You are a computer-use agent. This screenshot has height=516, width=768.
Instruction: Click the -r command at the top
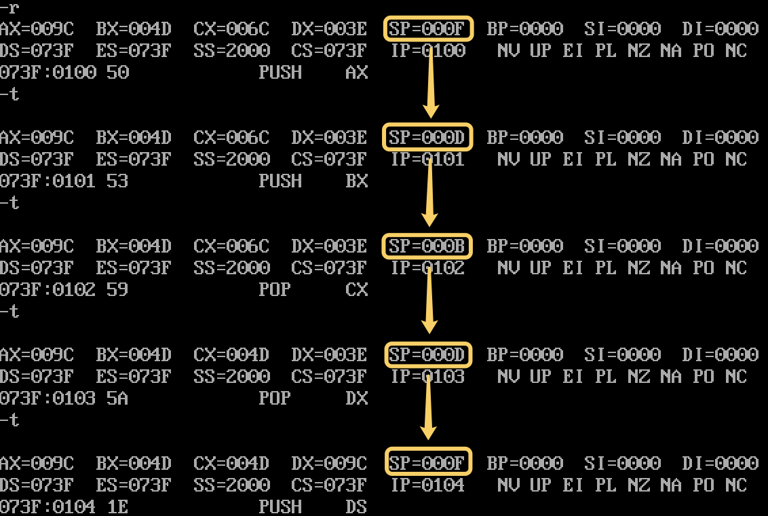click(9, 7)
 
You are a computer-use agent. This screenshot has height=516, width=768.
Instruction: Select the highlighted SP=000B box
click(427, 246)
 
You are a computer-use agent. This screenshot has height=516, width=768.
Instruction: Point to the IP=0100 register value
click(427, 50)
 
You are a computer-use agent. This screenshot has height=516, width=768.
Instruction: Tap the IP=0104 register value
click(427, 485)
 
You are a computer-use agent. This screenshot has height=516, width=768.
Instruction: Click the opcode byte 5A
click(117, 398)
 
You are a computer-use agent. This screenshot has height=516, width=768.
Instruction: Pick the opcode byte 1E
click(117, 506)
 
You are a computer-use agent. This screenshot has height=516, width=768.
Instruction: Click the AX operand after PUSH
click(356, 73)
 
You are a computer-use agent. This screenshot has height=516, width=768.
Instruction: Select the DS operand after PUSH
click(356, 506)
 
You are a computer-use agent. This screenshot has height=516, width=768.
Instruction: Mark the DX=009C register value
click(329, 463)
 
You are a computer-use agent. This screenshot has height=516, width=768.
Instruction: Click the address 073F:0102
click(47, 290)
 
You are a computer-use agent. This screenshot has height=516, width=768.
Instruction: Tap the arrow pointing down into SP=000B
click(429, 193)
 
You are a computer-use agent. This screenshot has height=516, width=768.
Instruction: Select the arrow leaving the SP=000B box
click(429, 300)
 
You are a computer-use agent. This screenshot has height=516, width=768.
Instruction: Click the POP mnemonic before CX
click(275, 290)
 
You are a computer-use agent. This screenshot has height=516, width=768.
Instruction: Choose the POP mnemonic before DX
click(275, 398)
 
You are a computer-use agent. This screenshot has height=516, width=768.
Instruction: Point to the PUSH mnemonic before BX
click(280, 181)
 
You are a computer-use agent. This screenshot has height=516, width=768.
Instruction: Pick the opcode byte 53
click(117, 181)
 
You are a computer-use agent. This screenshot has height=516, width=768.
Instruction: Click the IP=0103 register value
click(427, 376)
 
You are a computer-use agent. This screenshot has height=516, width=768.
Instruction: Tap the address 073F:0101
click(47, 181)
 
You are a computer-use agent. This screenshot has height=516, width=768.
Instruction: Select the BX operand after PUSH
click(356, 181)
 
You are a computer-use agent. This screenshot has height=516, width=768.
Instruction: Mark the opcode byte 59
click(117, 290)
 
